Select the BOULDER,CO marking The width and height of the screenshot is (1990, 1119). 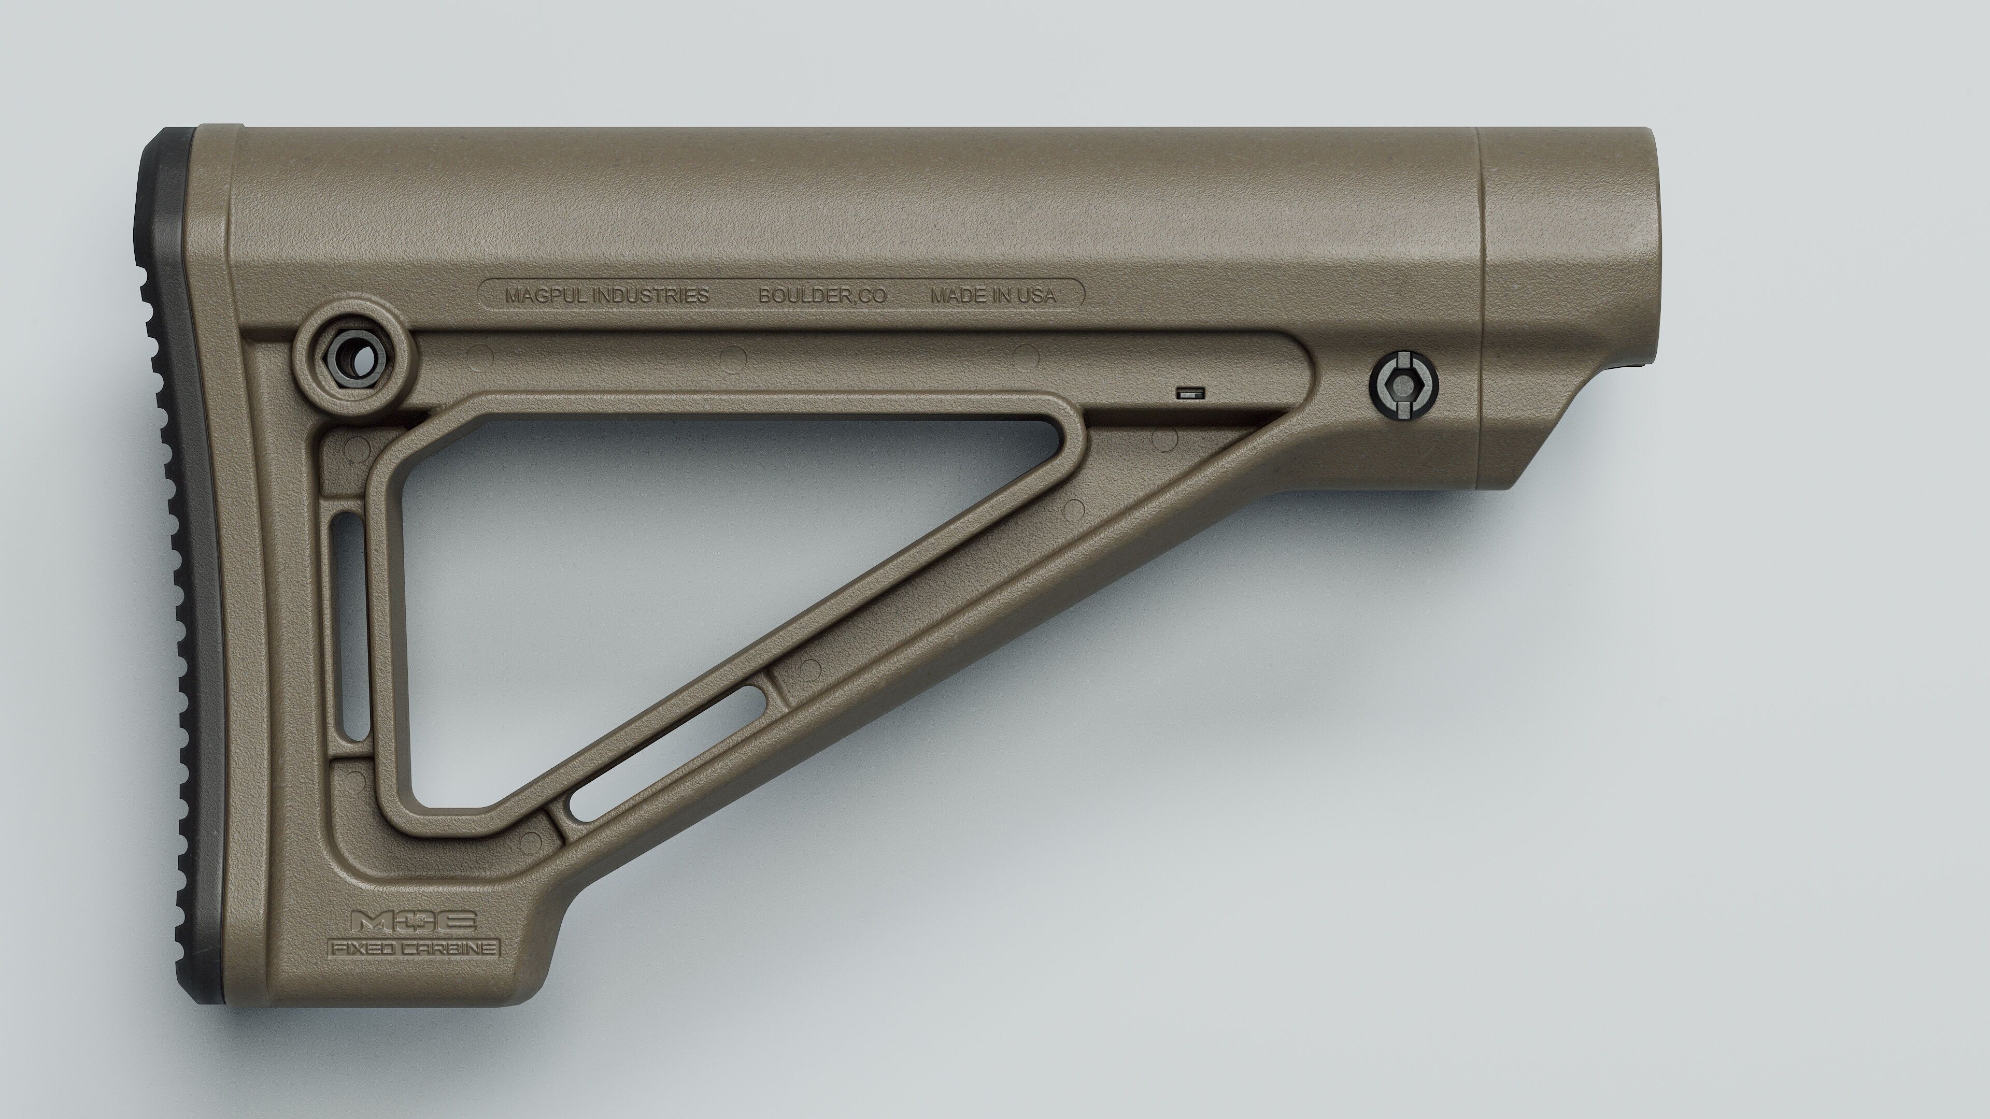822,295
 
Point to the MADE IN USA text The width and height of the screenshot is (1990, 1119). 993,295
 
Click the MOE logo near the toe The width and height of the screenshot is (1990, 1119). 414,921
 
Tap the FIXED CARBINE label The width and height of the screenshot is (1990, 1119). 414,948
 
